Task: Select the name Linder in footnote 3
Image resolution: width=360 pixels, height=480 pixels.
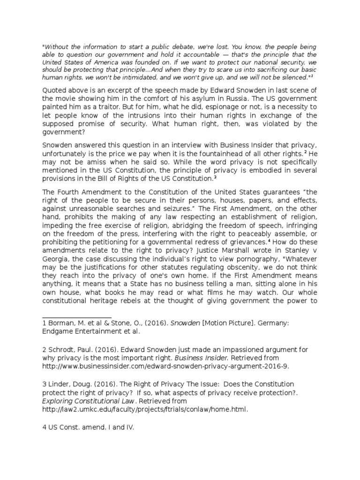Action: [x=59, y=384]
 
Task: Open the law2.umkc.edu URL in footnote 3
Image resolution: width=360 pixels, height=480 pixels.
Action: [x=145, y=409]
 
